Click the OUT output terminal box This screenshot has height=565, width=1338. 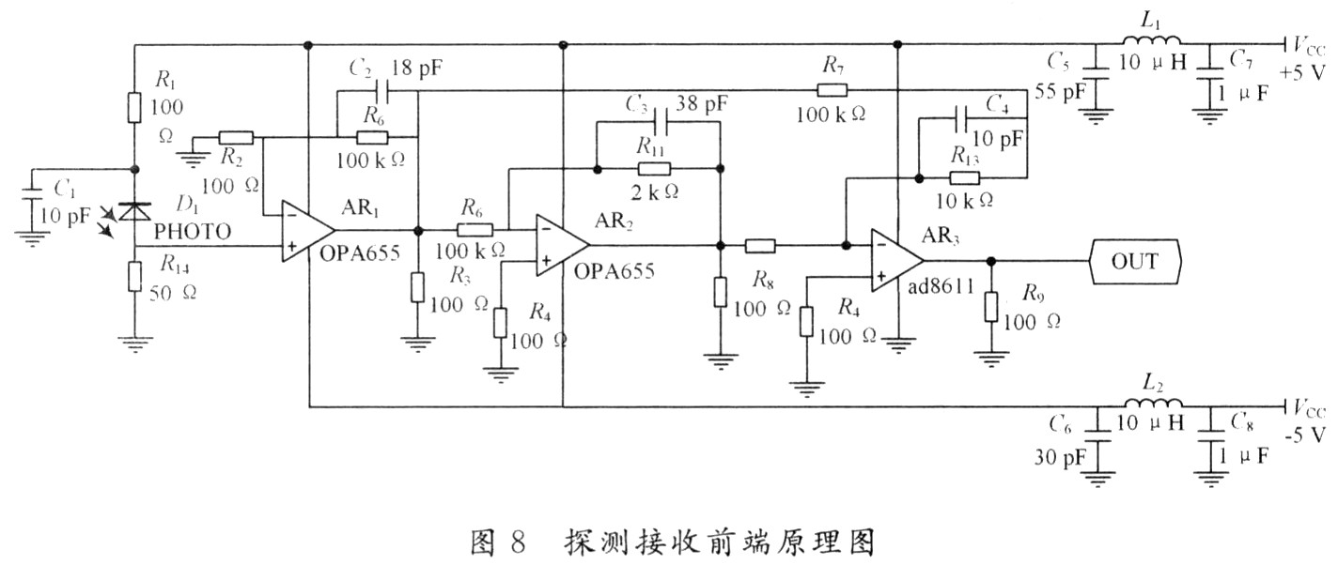pyautogui.click(x=1135, y=261)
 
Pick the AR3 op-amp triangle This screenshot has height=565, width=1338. pyautogui.click(x=897, y=260)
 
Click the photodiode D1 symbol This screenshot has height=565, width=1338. pyautogui.click(x=134, y=211)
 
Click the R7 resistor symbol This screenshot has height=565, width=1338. pyautogui.click(x=832, y=91)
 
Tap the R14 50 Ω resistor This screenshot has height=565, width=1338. pyautogui.click(x=135, y=277)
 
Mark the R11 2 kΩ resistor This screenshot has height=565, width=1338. pyautogui.click(x=654, y=169)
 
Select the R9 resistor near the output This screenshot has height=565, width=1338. pyautogui.click(x=991, y=307)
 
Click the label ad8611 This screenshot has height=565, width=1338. pyautogui.click(x=941, y=287)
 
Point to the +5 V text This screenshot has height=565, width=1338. pyautogui.click(x=1301, y=72)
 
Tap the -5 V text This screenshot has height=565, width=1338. pyautogui.click(x=1304, y=435)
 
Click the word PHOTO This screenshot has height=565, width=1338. pyautogui.click(x=193, y=232)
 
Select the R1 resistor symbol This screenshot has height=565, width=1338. pyautogui.click(x=134, y=107)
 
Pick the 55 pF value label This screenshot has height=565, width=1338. pyautogui.click(x=1060, y=91)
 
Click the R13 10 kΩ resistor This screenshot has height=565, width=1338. pyautogui.click(x=965, y=177)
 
